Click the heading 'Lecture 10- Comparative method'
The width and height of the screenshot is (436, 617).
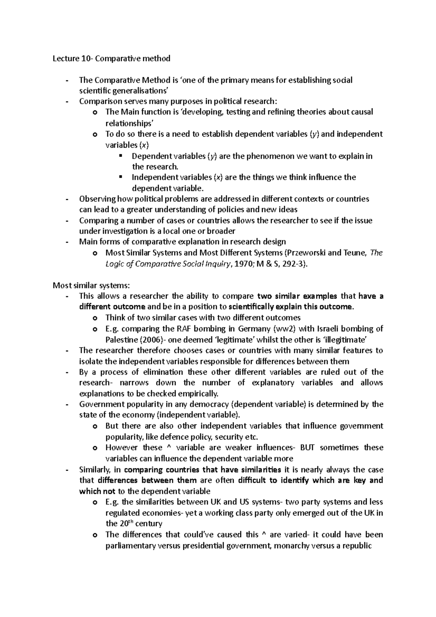[x=112, y=59]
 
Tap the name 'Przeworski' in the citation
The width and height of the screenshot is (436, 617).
[x=307, y=253]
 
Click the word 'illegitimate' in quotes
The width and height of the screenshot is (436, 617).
[x=345, y=340]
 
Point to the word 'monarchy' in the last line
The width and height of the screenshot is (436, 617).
[x=291, y=545]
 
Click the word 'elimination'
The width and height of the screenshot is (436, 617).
[x=163, y=372]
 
